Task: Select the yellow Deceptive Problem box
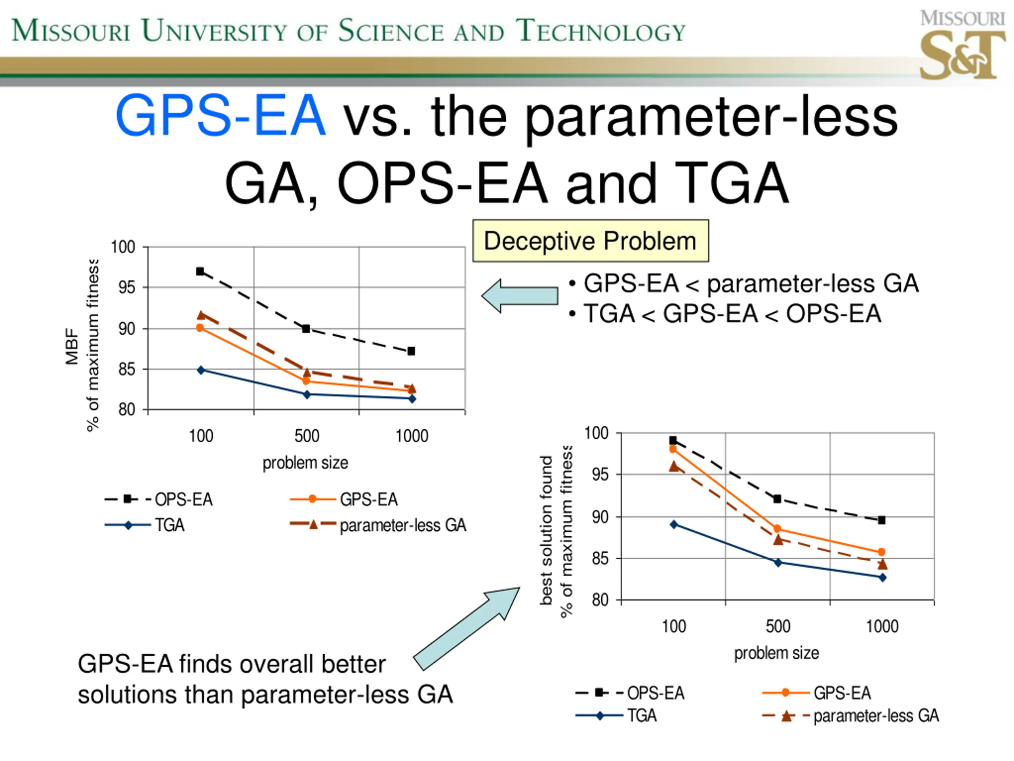tap(591, 241)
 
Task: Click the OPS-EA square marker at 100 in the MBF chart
tap(200, 272)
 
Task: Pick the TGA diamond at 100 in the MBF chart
tap(201, 370)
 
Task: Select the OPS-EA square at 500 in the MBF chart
tap(306, 329)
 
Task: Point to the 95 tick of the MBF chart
tap(126, 288)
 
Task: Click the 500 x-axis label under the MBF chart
tap(307, 436)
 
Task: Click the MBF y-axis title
tap(72, 346)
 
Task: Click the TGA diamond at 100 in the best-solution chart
tap(674, 524)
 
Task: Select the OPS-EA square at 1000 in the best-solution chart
tap(881, 520)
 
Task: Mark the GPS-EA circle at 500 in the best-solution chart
tap(777, 529)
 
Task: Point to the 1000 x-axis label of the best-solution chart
tap(882, 627)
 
